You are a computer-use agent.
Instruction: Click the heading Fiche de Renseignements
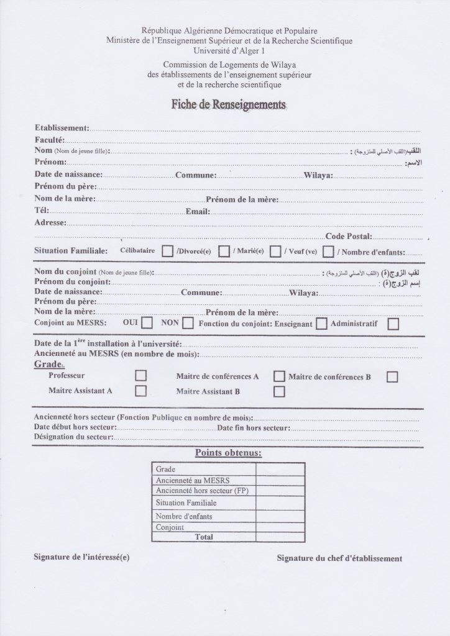tap(228, 105)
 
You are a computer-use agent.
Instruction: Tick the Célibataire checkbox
tap(167, 252)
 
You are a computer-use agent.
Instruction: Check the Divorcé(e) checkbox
tap(224, 252)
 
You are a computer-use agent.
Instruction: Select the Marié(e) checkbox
tap(275, 252)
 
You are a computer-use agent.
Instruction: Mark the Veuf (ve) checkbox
tap(328, 252)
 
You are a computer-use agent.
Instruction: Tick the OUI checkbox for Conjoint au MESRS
tap(147, 323)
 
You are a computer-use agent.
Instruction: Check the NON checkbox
tap(188, 323)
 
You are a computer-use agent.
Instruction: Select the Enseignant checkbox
tap(321, 324)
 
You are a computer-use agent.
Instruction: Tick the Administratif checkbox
tap(393, 324)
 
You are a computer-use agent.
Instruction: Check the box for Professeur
tap(141, 376)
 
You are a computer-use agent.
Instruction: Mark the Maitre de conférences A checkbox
tap(280, 376)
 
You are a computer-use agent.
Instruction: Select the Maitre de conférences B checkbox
tap(392, 376)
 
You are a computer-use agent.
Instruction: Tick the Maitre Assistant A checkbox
tap(141, 391)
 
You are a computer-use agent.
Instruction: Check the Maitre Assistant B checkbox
tap(280, 391)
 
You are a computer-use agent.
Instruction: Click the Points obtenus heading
tap(228, 453)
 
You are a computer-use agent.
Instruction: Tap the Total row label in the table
tap(203, 537)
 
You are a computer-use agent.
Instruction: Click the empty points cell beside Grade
tap(280, 469)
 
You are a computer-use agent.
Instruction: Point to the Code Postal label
tap(348, 236)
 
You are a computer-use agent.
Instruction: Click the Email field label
tap(198, 212)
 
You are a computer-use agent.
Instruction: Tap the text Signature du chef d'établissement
tap(339, 558)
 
